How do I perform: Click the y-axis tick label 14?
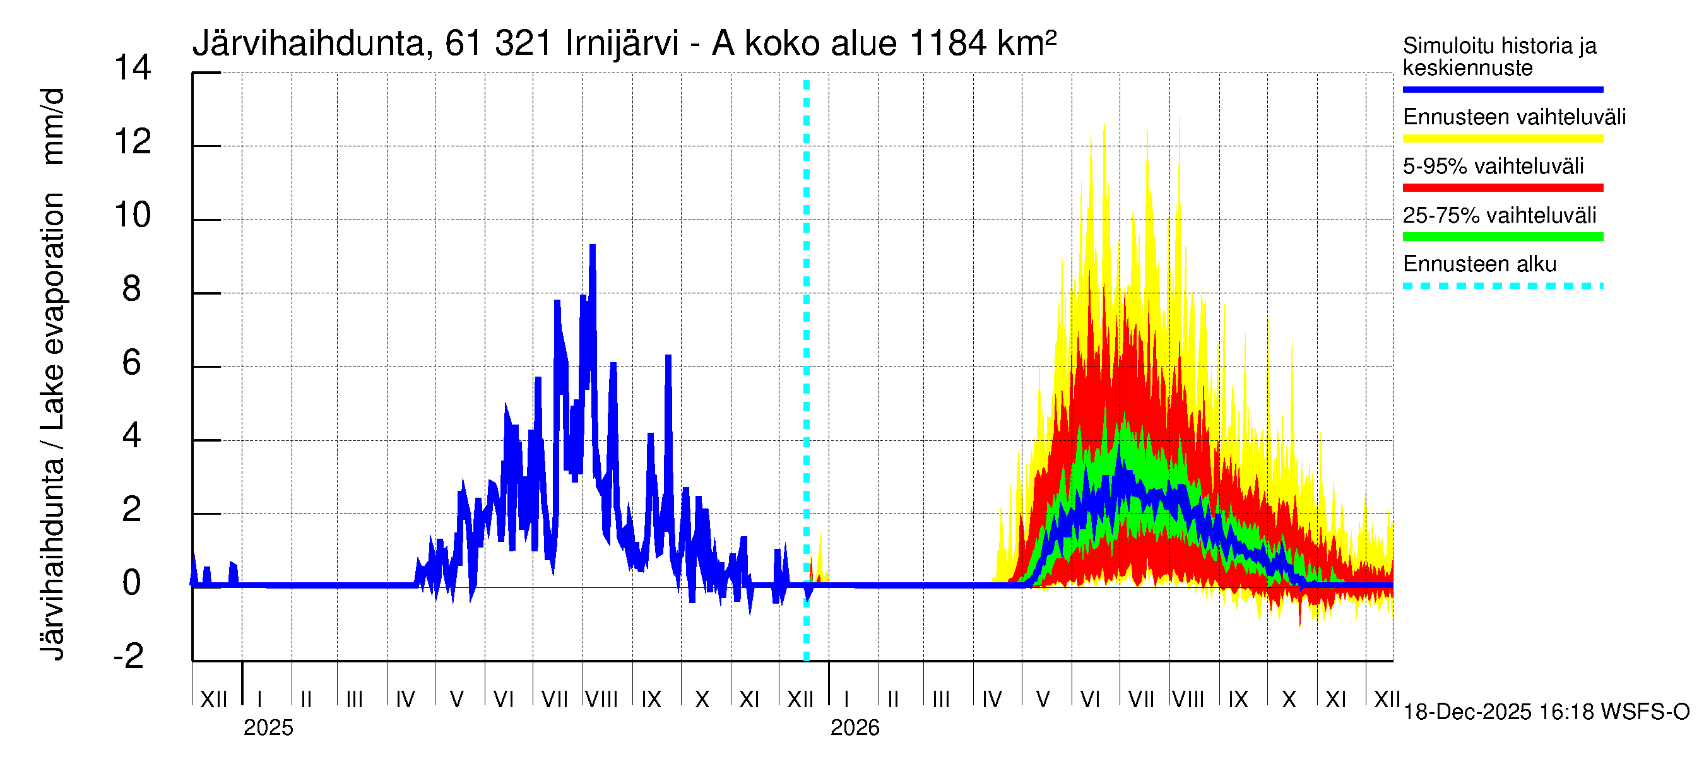pyautogui.click(x=133, y=68)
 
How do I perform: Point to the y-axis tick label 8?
pyautogui.click(x=132, y=289)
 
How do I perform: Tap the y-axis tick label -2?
pyautogui.click(x=128, y=656)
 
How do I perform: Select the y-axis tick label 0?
pyautogui.click(x=132, y=583)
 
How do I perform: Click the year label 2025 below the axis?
pyautogui.click(x=268, y=728)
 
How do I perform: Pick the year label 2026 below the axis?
pyautogui.click(x=855, y=728)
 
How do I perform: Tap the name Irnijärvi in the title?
pyautogui.click(x=622, y=44)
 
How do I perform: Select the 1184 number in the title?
pyautogui.click(x=949, y=44)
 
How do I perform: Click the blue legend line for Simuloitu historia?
pyautogui.click(x=1502, y=89)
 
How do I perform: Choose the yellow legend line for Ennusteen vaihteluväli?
pyautogui.click(x=1502, y=139)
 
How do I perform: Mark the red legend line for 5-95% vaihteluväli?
pyautogui.click(x=1502, y=188)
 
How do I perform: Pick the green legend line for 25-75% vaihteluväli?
pyautogui.click(x=1502, y=237)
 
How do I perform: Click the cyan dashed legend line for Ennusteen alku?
pyautogui.click(x=1502, y=286)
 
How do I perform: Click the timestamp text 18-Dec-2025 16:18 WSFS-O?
pyautogui.click(x=1546, y=712)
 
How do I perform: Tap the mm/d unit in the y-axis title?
pyautogui.click(x=53, y=126)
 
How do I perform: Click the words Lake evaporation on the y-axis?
pyautogui.click(x=53, y=311)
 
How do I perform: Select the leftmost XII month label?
pyautogui.click(x=213, y=699)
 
